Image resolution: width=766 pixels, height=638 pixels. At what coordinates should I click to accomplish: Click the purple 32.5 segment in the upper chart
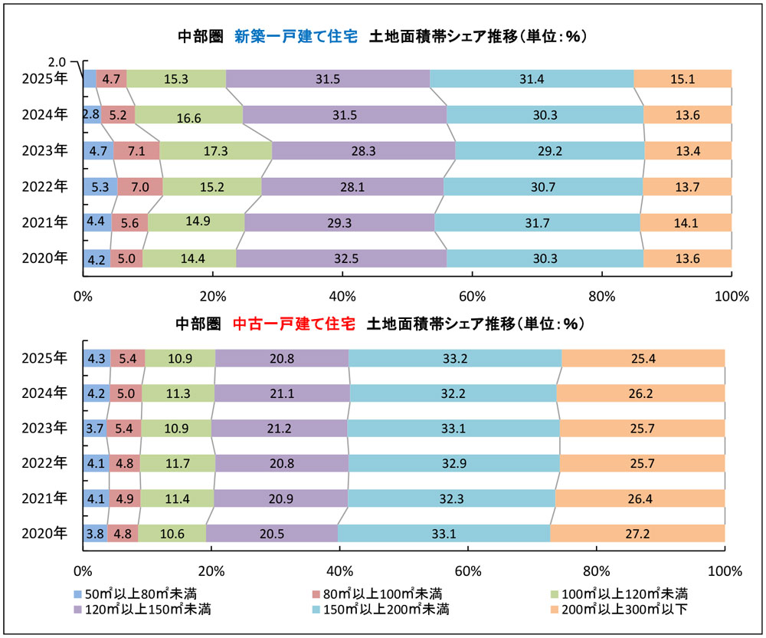click(x=341, y=258)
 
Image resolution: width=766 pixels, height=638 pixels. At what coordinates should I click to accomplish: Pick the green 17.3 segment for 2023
click(x=215, y=150)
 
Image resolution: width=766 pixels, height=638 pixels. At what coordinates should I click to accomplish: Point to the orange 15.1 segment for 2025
click(x=683, y=78)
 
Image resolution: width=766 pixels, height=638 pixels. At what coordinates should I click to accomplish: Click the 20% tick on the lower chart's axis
click(x=211, y=571)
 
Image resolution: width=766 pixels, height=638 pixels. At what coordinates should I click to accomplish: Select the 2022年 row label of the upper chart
click(x=45, y=186)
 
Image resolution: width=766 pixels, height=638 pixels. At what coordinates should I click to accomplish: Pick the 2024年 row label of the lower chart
click(x=45, y=393)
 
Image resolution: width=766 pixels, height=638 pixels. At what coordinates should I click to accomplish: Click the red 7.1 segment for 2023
click(x=136, y=150)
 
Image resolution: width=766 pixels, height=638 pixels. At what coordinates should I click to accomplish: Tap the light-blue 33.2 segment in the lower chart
click(x=455, y=358)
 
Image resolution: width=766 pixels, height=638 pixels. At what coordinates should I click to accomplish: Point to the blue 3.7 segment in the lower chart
click(x=94, y=428)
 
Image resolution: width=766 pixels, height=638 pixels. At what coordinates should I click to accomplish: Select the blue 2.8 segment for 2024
click(x=92, y=114)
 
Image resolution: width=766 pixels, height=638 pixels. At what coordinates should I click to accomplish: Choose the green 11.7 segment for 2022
click(x=178, y=463)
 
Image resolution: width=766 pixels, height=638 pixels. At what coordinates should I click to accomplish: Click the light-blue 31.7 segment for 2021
click(x=536, y=222)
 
